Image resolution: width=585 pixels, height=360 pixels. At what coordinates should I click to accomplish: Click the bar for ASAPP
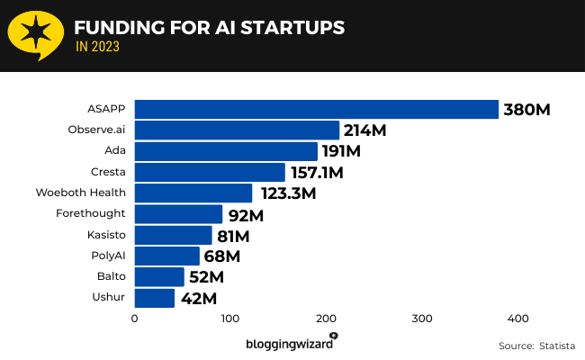316,109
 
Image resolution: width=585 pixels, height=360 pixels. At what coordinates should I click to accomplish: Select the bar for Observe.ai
237,130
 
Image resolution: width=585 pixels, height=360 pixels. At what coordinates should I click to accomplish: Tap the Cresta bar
210,172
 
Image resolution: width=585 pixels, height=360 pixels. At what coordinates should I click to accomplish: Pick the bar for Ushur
154,297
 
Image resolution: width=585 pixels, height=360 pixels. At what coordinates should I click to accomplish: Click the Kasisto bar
173,235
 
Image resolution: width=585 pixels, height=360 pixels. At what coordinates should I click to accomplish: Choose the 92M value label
245,215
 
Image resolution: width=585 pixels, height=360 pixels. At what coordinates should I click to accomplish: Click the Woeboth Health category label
80,193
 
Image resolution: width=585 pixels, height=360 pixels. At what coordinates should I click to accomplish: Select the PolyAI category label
107,256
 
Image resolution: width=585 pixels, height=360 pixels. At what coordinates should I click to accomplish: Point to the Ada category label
115,150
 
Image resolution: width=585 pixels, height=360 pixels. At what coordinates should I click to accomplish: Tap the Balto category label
111,276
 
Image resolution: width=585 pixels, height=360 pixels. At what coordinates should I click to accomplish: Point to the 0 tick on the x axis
134,319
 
